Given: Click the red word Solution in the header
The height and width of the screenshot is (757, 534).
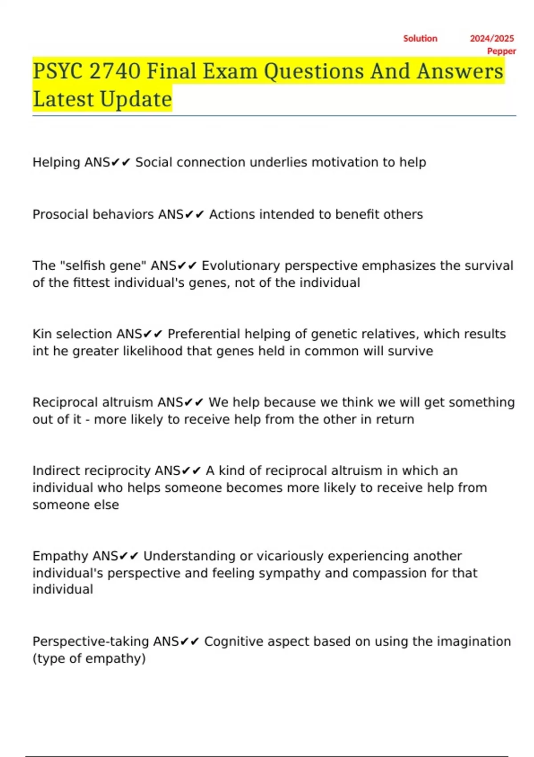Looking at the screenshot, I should [x=420, y=39].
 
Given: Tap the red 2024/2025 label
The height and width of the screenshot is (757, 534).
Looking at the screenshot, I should [x=492, y=39].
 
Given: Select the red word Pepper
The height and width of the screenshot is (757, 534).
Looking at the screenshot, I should [x=502, y=51].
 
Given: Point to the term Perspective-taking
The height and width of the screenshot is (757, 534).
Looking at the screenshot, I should [x=90, y=642].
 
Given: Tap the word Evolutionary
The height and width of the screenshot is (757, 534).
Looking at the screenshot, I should [x=241, y=266].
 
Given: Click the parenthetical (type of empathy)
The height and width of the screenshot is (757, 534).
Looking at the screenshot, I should [x=89, y=659].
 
